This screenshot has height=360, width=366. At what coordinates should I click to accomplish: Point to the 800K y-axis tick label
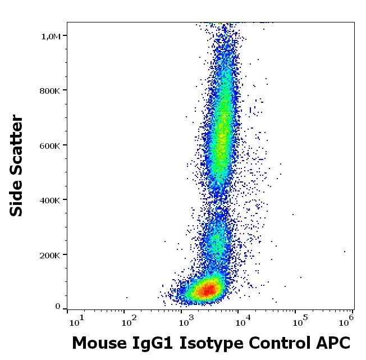(x=51, y=90)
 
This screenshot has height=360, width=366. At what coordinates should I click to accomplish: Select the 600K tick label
(x=51, y=145)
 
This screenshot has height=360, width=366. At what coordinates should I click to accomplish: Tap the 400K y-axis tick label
(x=51, y=200)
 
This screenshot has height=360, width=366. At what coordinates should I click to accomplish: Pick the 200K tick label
(x=51, y=255)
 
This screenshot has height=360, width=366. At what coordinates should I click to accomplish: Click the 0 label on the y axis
(x=57, y=306)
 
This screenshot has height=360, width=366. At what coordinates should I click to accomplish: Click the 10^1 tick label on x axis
(x=76, y=321)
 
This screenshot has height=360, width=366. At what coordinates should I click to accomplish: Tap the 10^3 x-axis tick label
(x=186, y=321)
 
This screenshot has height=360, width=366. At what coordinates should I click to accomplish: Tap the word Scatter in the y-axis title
(x=17, y=144)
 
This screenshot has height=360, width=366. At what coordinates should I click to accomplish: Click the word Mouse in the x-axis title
(x=97, y=343)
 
